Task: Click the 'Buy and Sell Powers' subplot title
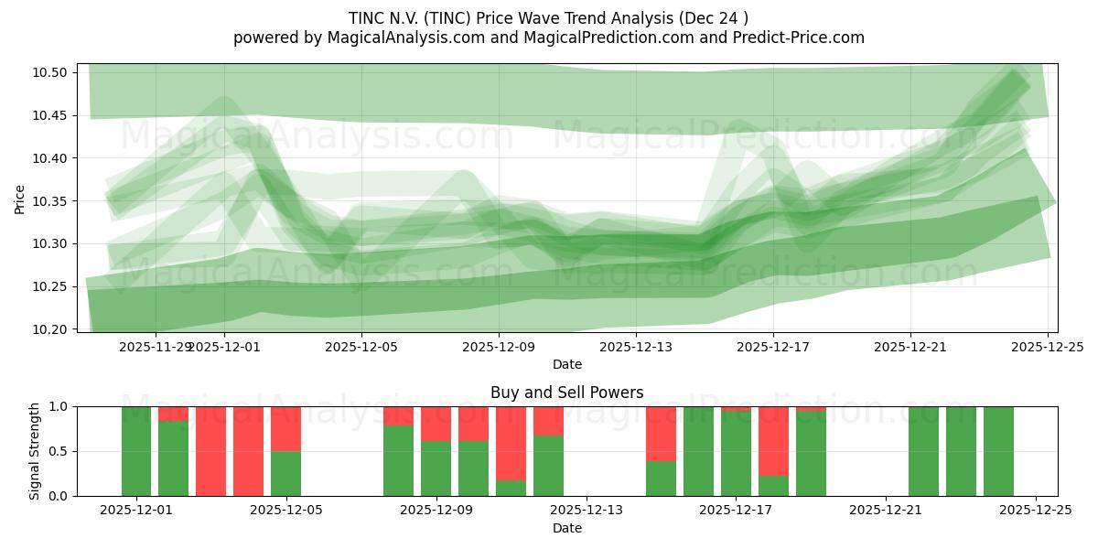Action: [566, 393]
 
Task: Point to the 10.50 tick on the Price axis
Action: [54, 72]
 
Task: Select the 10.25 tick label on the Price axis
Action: [54, 286]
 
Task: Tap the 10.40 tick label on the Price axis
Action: [54, 158]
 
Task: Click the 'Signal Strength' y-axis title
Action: [35, 451]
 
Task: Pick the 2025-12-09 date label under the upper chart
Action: [499, 347]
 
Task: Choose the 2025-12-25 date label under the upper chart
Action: [1048, 347]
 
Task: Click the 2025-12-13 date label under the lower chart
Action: [587, 511]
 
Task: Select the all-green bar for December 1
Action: [136, 451]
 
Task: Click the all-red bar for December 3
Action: [210, 451]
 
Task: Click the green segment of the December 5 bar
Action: [285, 473]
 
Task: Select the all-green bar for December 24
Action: [998, 451]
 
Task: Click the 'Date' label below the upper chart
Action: [566, 364]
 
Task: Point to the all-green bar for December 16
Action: [698, 451]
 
